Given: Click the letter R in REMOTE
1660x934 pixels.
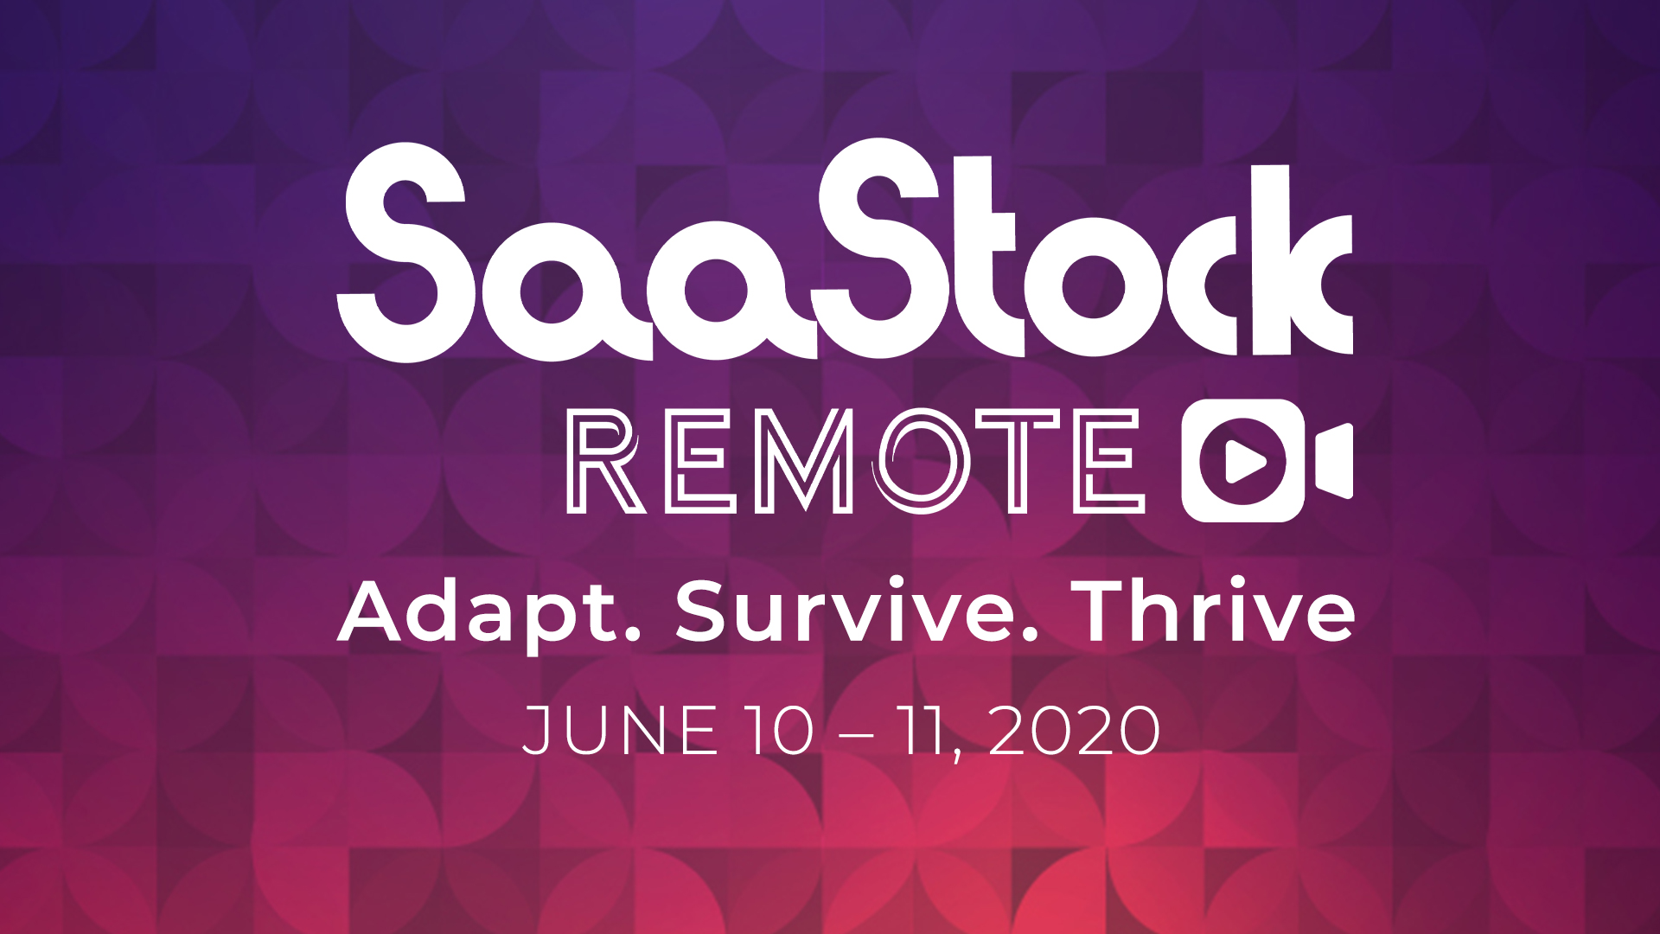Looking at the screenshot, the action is click(x=605, y=461).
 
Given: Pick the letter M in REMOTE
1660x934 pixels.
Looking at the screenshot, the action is click(x=804, y=461).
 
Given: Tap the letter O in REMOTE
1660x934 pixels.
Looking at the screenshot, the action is click(x=922, y=461).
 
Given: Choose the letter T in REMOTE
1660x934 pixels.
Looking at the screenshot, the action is click(x=1018, y=461).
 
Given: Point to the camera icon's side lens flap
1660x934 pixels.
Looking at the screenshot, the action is click(x=1334, y=461).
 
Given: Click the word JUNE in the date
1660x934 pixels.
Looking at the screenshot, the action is click(x=620, y=731).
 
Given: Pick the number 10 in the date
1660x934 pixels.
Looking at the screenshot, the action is click(x=780, y=731).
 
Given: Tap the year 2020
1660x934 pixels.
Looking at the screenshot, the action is click(x=1074, y=731).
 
